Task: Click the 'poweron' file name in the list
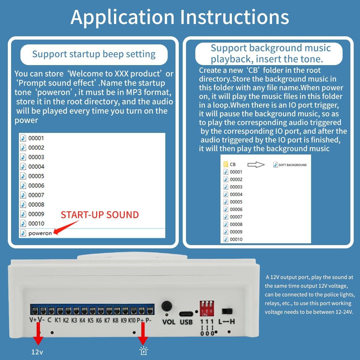[x=40, y=233]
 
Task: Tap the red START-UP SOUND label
[x=100, y=215]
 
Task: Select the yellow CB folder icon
[x=226, y=164]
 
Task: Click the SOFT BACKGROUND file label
[x=292, y=165]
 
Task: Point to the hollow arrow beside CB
[x=256, y=165]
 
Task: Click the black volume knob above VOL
[x=166, y=306]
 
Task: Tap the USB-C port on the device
[x=186, y=314]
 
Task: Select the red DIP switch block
[x=207, y=308]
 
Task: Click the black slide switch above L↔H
[x=227, y=311]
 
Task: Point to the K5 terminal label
[x=91, y=320]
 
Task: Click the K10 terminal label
[x=132, y=320]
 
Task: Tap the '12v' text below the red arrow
[x=37, y=352]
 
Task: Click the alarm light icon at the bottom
[x=144, y=351]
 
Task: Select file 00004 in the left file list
[x=36, y=166]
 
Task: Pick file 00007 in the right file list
[x=236, y=217]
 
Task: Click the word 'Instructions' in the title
[x=235, y=17]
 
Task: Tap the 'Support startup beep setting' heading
[x=94, y=54]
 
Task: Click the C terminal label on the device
[x=49, y=320]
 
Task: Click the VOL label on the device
[x=169, y=322]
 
